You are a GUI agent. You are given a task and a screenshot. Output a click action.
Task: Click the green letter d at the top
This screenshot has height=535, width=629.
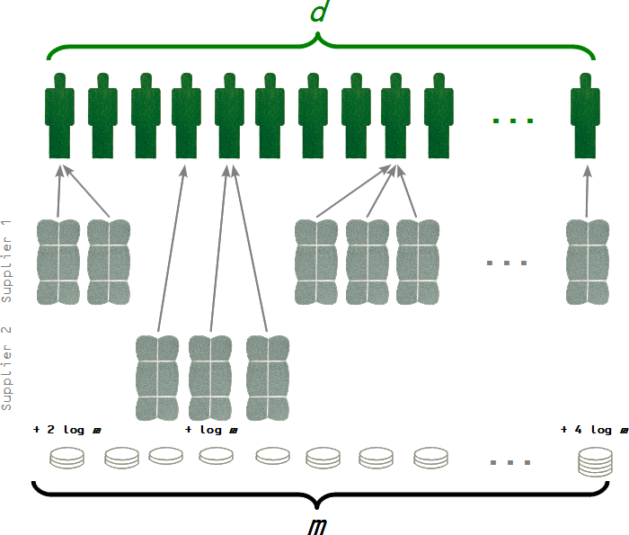318,13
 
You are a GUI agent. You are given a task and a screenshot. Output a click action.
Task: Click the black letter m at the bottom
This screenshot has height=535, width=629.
316,522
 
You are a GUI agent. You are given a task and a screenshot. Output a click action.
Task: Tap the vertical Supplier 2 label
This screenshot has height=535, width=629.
7,369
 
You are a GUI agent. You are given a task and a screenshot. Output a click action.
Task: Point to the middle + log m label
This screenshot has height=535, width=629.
211,430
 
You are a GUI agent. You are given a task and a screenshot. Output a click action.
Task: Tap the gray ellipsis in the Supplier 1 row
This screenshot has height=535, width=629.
507,263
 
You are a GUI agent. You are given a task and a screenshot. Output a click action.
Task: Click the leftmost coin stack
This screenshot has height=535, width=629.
66,458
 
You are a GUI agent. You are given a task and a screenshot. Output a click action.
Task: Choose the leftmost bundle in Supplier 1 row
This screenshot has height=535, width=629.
59,261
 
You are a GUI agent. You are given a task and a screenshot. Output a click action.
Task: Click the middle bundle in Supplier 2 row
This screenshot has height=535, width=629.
211,378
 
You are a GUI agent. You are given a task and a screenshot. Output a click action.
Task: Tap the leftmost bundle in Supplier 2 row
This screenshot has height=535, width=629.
159,378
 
